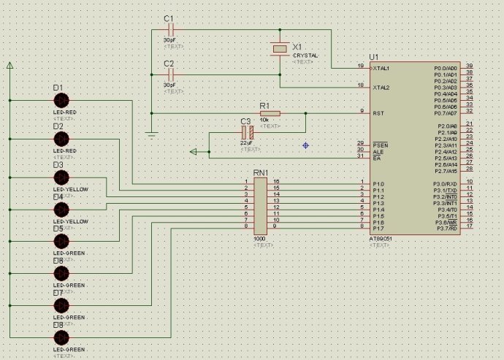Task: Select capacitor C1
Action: (x=172, y=31)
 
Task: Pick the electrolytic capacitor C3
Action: (x=246, y=133)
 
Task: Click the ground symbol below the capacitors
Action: (x=150, y=134)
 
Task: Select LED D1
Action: (x=61, y=100)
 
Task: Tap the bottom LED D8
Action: (x=61, y=337)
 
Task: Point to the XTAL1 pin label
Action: (x=381, y=68)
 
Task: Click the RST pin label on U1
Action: (x=378, y=113)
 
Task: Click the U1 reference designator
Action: (x=374, y=56)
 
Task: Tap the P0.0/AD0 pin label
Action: (x=446, y=68)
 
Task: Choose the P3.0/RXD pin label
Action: (x=445, y=183)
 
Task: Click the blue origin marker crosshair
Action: (x=305, y=145)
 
